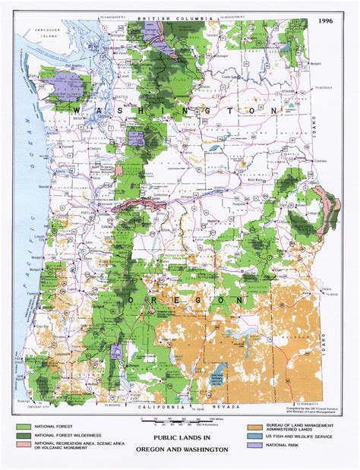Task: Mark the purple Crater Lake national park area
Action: pyautogui.click(x=116, y=352)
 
